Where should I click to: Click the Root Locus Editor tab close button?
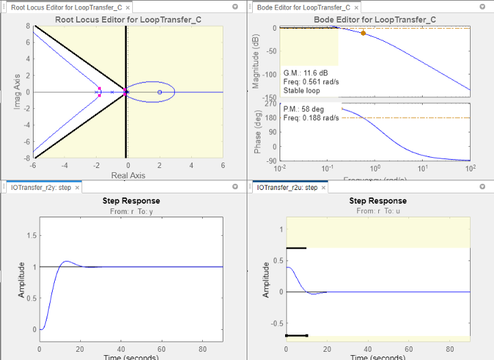click(x=128, y=8)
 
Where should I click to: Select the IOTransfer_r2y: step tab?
click(x=40, y=187)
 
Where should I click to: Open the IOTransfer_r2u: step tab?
click(x=286, y=187)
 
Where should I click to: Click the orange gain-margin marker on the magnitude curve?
click(x=363, y=33)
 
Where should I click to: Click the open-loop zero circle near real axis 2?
click(x=160, y=92)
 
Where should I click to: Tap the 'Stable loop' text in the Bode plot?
click(x=302, y=90)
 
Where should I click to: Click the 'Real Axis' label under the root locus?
click(x=127, y=176)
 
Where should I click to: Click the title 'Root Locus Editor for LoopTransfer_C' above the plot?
click(x=127, y=20)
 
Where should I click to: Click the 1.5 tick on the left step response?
click(x=28, y=235)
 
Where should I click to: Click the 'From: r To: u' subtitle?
click(x=378, y=211)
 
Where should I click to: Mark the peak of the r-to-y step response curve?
click(x=65, y=261)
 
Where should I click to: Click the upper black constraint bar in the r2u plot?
click(x=296, y=248)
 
